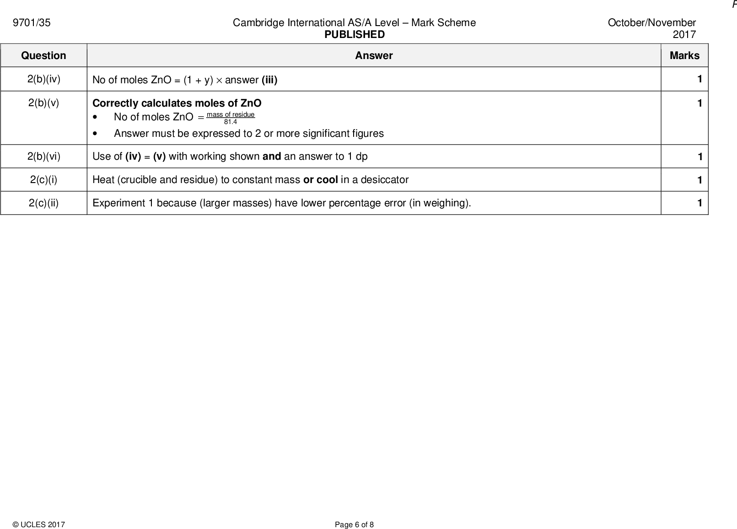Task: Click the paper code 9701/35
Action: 32,23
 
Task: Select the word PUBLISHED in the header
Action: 355,35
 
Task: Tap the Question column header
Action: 43,56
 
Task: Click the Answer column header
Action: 374,56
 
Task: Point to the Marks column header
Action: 684,56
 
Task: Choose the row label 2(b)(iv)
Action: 43,79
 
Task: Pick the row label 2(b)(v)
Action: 43,103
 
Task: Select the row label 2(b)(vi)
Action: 43,157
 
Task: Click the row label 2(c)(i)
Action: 43,180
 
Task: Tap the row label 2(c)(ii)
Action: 43,203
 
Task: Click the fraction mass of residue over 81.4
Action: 231,118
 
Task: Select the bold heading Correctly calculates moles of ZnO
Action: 177,103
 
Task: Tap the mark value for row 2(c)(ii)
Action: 699,203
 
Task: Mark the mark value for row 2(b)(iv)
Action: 699,79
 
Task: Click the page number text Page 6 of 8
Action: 354,525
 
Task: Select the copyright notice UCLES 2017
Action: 39,525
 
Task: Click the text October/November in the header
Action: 651,23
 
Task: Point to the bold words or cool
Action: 320,180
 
